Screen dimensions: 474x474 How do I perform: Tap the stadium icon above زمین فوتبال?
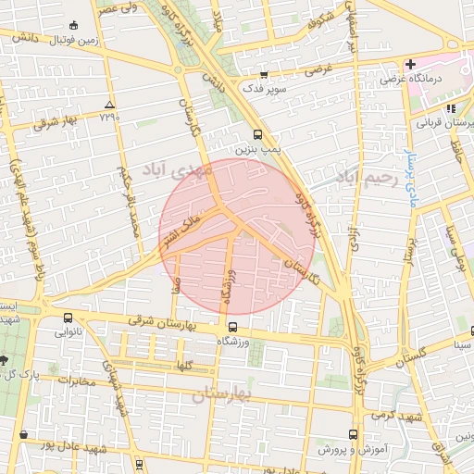(74, 25)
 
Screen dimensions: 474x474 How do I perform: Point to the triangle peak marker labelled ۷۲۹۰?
(110, 105)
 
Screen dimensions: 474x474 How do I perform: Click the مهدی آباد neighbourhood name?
(178, 168)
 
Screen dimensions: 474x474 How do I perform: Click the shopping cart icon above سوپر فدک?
(264, 75)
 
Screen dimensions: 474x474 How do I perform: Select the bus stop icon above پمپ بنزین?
(245, 134)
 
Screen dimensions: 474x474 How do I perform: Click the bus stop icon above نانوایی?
(68, 318)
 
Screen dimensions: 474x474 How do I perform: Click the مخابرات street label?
(74, 380)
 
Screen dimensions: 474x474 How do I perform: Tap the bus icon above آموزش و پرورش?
(352, 434)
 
